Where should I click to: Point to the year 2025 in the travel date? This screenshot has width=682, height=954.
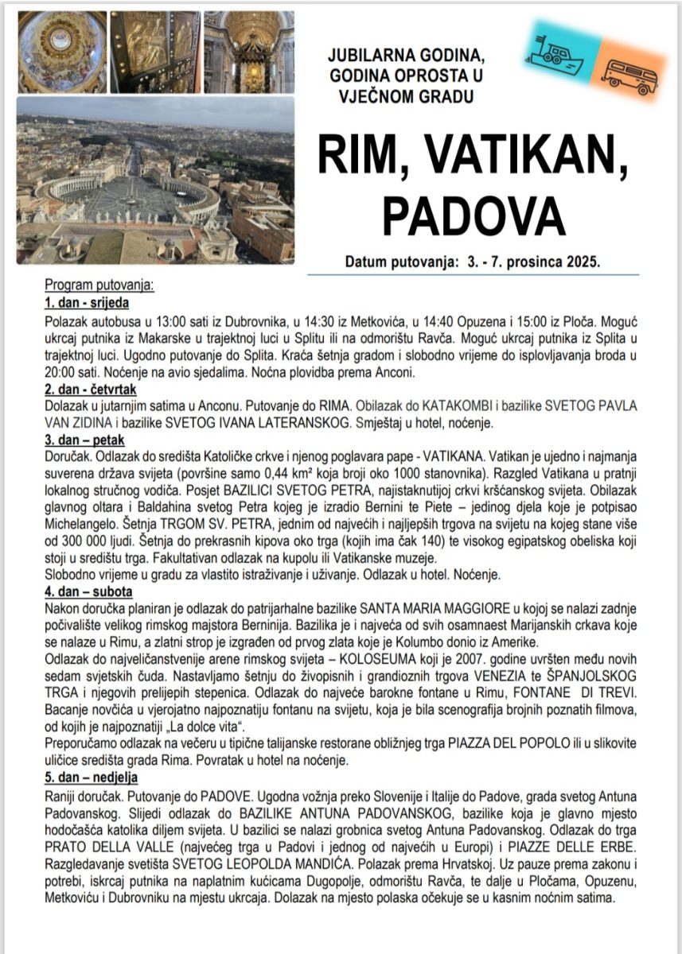pos(583,261)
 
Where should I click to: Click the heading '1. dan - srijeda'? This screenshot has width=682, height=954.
pos(87,303)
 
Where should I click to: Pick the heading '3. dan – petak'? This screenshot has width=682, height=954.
pos(85,440)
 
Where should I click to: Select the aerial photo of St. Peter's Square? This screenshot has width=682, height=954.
pos(155,180)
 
